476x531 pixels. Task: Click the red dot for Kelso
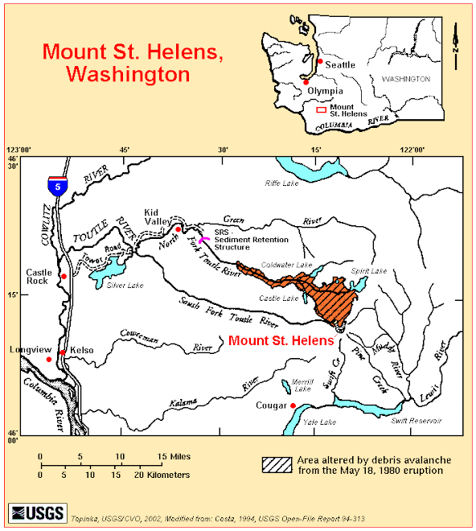[x=63, y=353]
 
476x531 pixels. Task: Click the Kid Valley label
[x=158, y=216]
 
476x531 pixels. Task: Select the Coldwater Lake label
[x=292, y=265]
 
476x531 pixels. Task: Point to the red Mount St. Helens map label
[x=281, y=341]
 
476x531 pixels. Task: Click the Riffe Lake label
[x=282, y=183]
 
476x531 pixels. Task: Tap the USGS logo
[x=31, y=512]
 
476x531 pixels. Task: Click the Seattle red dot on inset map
[x=320, y=61]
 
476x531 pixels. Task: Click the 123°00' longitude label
[x=18, y=150]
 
